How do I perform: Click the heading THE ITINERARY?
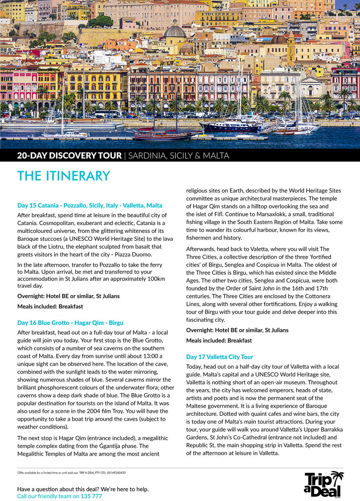[x=64, y=176]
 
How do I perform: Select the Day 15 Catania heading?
[x=90, y=205]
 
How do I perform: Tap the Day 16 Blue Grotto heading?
[x=70, y=323]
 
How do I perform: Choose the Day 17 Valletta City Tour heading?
[x=220, y=357]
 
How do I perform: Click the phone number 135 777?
[x=91, y=496]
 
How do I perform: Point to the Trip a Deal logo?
[x=324, y=484]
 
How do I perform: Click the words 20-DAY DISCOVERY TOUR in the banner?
[x=69, y=155]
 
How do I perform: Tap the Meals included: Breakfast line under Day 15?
[x=50, y=306]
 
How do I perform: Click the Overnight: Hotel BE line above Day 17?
[x=237, y=330]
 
